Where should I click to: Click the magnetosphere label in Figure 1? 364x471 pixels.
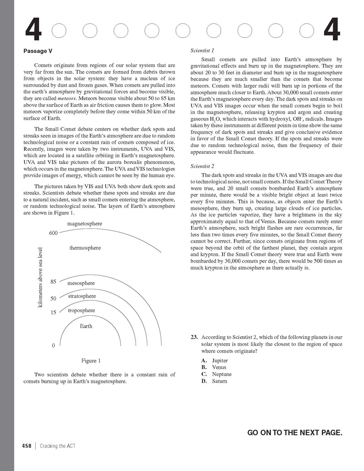tap(85, 223)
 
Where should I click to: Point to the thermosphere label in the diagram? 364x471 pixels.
tap(85, 248)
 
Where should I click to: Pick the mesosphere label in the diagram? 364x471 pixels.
tap(81, 283)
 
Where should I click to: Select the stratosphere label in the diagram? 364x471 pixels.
tap(82, 296)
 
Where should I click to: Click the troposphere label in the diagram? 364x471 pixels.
tap(81, 310)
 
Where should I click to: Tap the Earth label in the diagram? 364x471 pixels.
tap(86, 326)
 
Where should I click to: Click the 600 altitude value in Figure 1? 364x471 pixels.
tap(53, 233)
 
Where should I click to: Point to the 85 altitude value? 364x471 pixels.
tap(53, 282)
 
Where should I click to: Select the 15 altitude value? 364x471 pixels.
tap(53, 313)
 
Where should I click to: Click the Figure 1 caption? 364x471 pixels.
tap(91, 361)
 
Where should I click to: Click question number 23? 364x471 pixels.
tap(194, 337)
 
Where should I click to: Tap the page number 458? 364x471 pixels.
tap(27, 446)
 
